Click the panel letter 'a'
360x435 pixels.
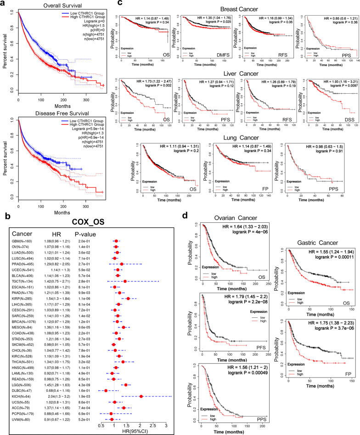click(3, 4)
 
